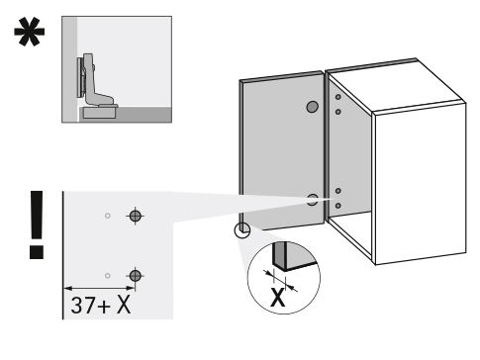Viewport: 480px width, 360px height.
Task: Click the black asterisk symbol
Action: pos(29,33)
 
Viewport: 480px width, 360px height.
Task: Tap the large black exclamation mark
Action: pos(37,225)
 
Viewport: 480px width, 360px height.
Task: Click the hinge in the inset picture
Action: pos(96,82)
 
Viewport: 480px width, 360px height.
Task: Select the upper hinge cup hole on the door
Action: pos(312,107)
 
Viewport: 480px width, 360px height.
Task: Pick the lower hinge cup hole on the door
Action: pos(312,200)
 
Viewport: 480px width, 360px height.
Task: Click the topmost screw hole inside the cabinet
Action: pos(338,97)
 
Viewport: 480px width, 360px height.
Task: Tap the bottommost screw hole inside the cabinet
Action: pos(338,206)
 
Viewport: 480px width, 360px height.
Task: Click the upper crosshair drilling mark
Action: pos(135,217)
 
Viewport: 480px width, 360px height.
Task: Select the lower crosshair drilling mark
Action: pos(135,276)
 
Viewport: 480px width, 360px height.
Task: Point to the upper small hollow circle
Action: pos(108,216)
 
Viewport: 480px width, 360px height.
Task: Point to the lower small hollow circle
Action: pos(108,276)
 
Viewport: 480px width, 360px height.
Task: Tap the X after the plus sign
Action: pos(124,305)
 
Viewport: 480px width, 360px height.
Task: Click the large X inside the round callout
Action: pos(277,297)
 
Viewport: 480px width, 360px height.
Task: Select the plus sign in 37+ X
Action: pos(104,307)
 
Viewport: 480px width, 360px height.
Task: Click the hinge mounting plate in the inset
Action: pos(80,78)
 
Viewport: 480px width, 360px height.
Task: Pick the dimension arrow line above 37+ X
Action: pos(99,289)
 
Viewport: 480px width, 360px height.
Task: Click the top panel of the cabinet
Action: pos(396,86)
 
